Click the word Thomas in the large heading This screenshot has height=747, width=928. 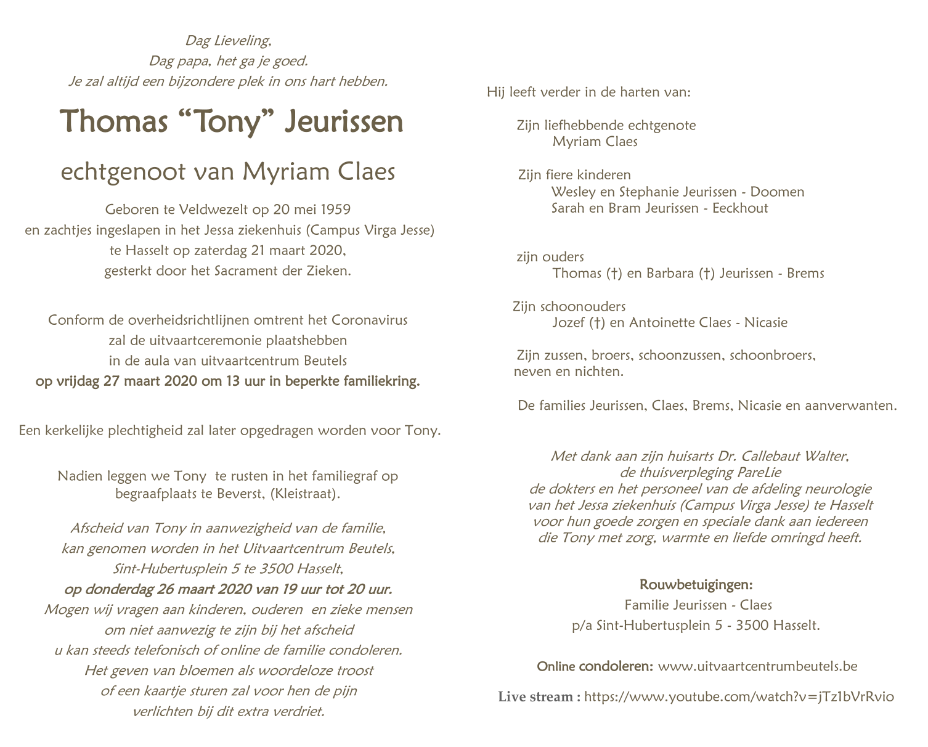114,121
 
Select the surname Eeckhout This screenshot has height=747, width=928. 740,208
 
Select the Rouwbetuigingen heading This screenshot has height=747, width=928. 696,584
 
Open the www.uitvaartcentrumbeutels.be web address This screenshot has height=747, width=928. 757,666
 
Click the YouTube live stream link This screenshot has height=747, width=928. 738,697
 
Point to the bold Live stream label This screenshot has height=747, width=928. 539,697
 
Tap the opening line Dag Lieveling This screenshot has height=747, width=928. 228,41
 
